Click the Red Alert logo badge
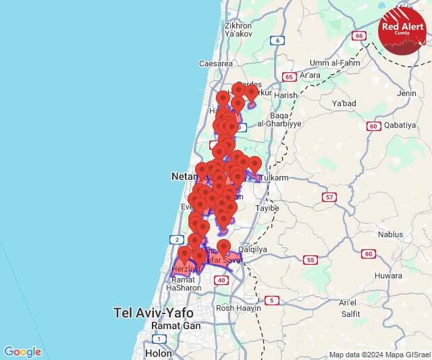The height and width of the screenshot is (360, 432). coord(402,30)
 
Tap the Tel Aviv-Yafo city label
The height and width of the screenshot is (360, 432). coord(153,313)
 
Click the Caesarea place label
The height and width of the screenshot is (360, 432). coord(216,63)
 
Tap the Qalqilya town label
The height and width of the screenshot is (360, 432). coord(253,249)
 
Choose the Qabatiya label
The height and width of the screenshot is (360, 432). coord(401,125)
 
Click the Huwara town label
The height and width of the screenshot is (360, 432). coord(388,276)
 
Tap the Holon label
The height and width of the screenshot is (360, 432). coord(158,353)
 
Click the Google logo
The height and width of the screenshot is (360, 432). coord(22,352)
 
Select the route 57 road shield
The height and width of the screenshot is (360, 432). coord(329,197)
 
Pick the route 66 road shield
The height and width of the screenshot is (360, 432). coord(359,36)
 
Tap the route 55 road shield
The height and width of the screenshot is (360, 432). coord(310,259)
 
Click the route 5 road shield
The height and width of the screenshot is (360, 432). coord(271,300)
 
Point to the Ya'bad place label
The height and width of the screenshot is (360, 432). coord(344,103)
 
